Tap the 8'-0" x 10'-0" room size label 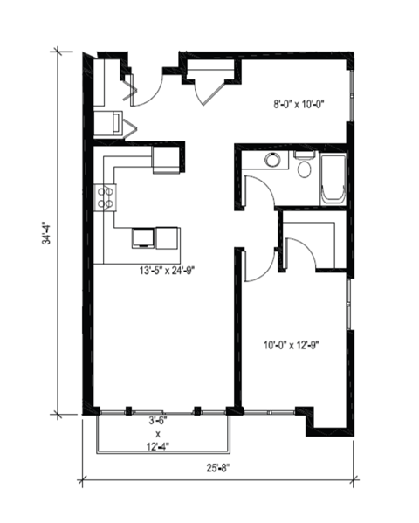pyautogui.click(x=299, y=104)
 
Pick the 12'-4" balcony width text pyautogui.click(x=158, y=447)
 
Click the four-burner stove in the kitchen pyautogui.click(x=106, y=196)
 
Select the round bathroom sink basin pyautogui.click(x=272, y=161)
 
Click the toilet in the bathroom pyautogui.click(x=304, y=166)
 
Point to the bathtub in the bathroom pyautogui.click(x=334, y=178)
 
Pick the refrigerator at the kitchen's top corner pyautogui.click(x=165, y=158)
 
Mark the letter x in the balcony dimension pyautogui.click(x=158, y=433)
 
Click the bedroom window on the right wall pyautogui.click(x=348, y=305)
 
